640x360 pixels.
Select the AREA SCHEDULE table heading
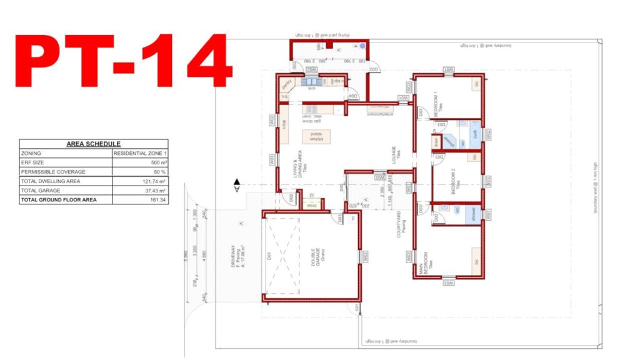pyautogui.click(x=94, y=144)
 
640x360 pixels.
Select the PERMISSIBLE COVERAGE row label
pyautogui.click(x=50, y=172)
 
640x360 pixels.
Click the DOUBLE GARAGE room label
pyautogui.click(x=314, y=257)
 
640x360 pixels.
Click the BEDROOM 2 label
pyautogui.click(x=456, y=177)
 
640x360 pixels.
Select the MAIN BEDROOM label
pyautogui.click(x=425, y=263)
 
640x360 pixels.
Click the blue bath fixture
pyautogui.click(x=475, y=132)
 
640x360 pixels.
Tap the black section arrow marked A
pyautogui.click(x=237, y=186)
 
